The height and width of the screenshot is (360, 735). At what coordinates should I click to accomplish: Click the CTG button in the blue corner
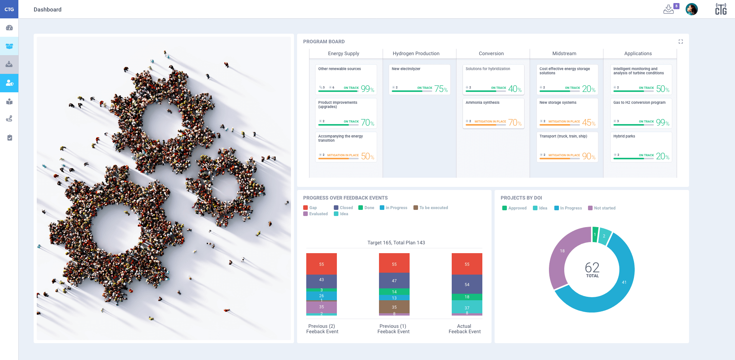click(9, 9)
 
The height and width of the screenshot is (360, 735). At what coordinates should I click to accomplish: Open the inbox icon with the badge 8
click(669, 9)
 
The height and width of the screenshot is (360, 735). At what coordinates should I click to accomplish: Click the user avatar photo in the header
click(691, 9)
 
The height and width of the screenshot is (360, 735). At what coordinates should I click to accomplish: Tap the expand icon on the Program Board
click(681, 42)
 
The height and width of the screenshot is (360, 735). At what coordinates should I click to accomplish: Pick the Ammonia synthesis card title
click(482, 103)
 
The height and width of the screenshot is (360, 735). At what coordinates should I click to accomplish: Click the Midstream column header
click(564, 54)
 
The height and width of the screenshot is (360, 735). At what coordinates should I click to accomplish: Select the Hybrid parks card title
click(624, 136)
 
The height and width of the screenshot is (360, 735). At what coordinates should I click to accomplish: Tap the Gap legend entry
click(310, 208)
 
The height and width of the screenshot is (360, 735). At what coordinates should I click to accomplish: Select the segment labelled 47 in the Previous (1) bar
click(394, 281)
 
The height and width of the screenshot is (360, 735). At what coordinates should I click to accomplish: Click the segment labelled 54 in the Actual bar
click(467, 285)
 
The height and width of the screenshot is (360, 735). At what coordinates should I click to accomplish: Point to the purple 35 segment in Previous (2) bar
click(321, 307)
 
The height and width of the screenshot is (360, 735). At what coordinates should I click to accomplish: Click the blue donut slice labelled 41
click(624, 283)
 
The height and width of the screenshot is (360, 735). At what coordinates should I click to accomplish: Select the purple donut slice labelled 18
click(562, 251)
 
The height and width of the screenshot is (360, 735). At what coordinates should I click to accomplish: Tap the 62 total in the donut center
click(592, 268)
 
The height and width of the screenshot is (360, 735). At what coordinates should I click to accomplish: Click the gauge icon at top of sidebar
click(9, 28)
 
